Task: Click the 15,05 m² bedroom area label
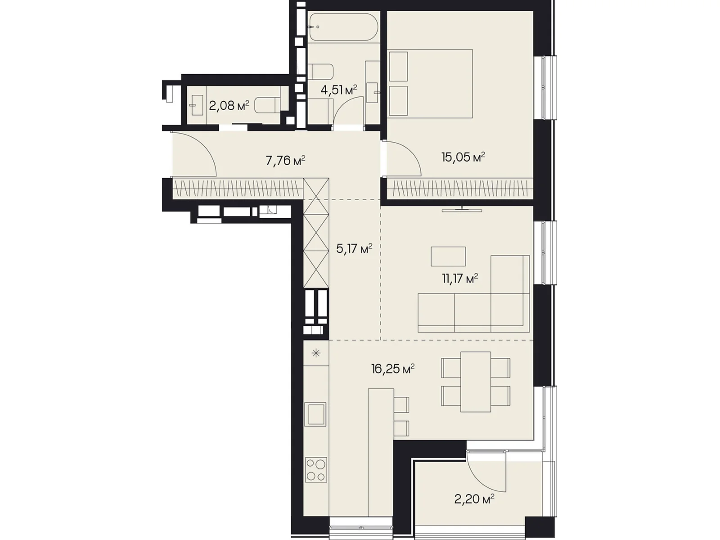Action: point(463,157)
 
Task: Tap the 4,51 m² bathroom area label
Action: point(338,90)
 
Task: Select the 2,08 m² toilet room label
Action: point(229,106)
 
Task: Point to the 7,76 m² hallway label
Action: point(285,161)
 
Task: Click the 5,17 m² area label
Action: point(354,248)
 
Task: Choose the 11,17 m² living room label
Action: point(460,279)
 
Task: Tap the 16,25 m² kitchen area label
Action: point(393,369)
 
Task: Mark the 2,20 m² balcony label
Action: point(474,499)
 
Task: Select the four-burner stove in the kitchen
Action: point(316,469)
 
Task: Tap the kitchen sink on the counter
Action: point(315,414)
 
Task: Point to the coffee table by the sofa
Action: point(448,256)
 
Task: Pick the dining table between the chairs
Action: point(476,382)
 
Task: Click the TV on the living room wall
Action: point(462,210)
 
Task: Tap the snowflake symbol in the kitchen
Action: point(316,353)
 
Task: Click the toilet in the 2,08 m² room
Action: point(268,106)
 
